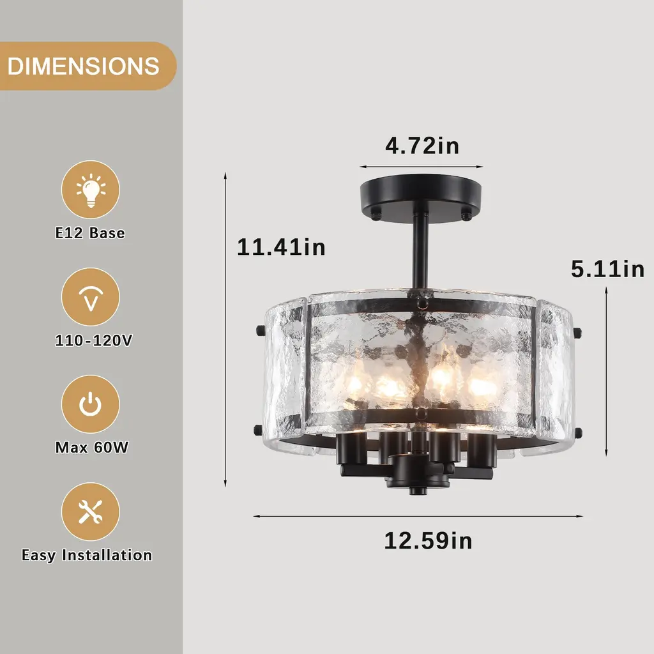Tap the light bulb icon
point(91,190)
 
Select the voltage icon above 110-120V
point(91,297)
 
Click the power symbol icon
point(91,404)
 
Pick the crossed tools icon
point(91,512)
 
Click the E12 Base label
point(90,232)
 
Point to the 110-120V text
point(93,340)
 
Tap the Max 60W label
point(92,448)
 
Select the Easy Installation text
point(87,555)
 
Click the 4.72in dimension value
point(422,146)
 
